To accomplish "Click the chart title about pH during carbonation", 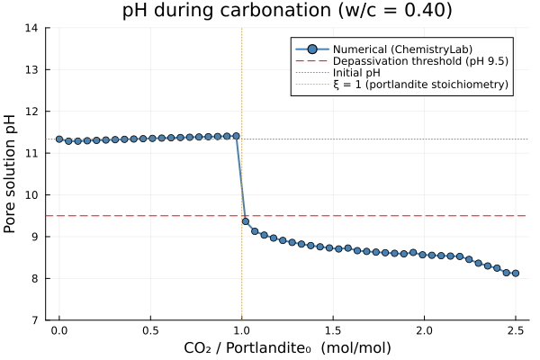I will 288,11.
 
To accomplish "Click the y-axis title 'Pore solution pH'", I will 11,174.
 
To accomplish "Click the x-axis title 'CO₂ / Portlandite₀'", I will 288,347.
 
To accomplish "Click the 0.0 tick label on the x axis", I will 59,331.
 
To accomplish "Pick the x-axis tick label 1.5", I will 333,331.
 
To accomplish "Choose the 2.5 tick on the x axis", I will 515,331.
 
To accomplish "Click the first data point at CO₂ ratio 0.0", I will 59,139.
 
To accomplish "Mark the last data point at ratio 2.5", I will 516,273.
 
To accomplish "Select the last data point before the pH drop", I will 237,136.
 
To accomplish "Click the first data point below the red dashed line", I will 246,221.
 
